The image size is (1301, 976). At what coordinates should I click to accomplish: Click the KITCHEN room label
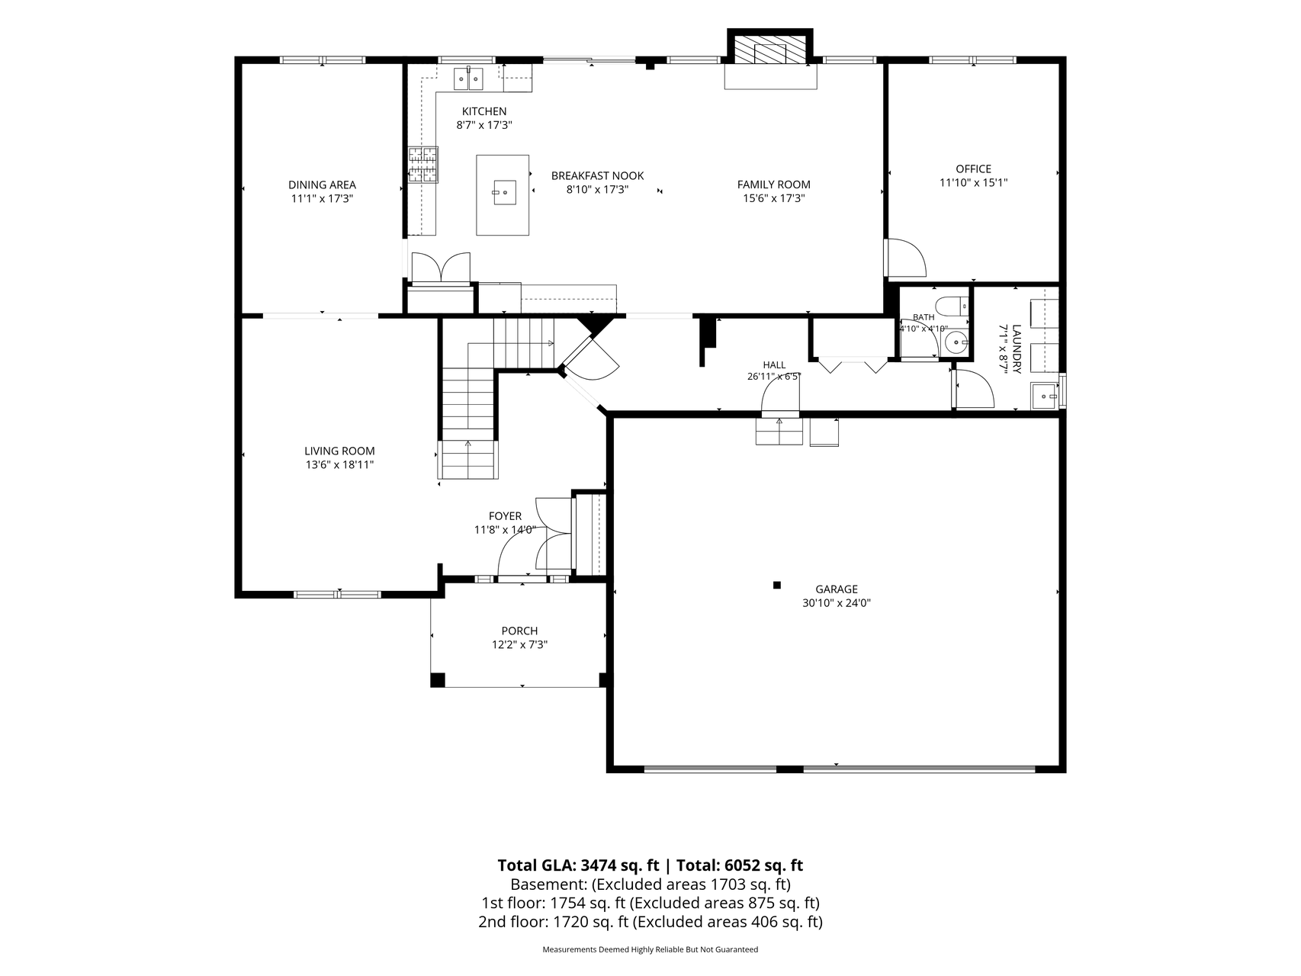(x=483, y=111)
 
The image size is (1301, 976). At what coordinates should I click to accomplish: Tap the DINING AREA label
(x=322, y=185)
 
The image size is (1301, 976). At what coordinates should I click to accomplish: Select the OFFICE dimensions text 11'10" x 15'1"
(x=973, y=183)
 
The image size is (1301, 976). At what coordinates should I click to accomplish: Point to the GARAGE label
(x=837, y=589)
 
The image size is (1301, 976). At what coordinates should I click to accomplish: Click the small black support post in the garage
(x=777, y=586)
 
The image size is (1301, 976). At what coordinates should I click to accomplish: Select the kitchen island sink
(x=503, y=193)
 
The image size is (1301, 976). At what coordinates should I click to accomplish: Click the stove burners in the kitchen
(x=422, y=165)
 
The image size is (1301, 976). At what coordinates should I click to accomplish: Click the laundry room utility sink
(x=1044, y=396)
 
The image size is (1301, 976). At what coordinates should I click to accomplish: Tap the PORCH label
(x=519, y=631)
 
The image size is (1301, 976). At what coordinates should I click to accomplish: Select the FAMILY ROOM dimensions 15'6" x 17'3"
(x=773, y=198)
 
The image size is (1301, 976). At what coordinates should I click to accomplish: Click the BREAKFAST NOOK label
(x=597, y=176)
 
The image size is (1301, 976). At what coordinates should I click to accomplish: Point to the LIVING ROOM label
(x=339, y=451)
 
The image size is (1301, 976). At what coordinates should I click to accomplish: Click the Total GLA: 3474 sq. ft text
(x=578, y=865)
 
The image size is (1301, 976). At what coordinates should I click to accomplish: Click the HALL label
(x=774, y=365)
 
